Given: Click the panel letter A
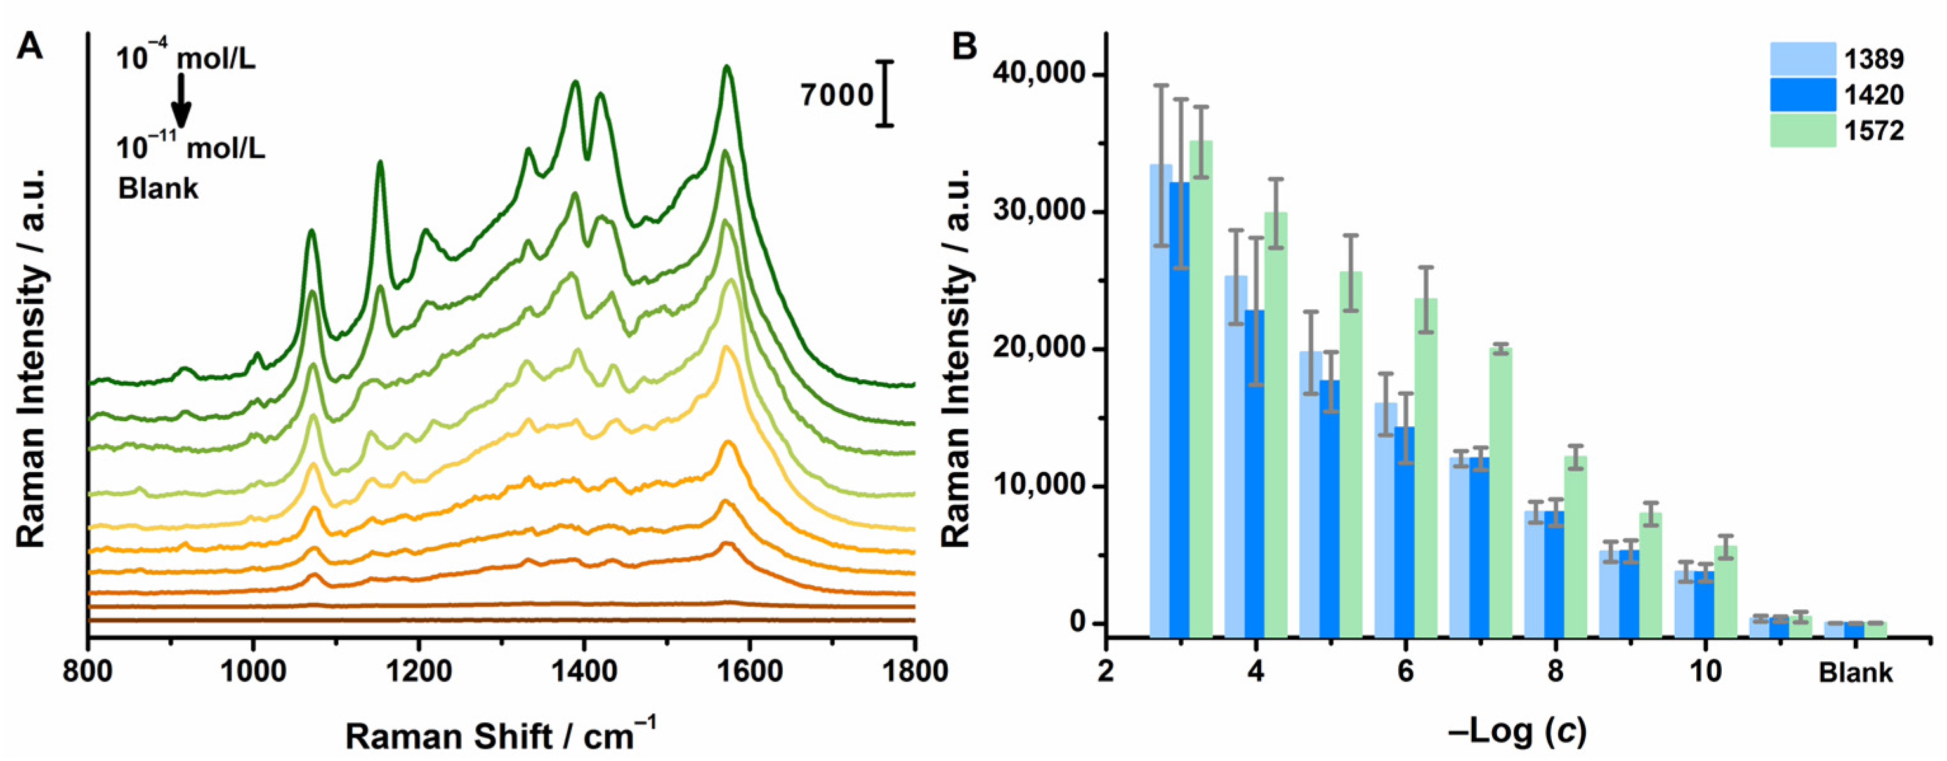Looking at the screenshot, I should click(x=31, y=47).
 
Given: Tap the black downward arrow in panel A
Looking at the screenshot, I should click(x=181, y=102).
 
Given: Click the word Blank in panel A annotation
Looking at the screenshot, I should click(x=158, y=189).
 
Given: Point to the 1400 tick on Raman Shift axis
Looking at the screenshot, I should click(x=584, y=671).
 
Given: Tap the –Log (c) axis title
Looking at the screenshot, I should click(x=1521, y=731).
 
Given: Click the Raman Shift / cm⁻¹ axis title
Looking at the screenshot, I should click(x=501, y=734).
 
